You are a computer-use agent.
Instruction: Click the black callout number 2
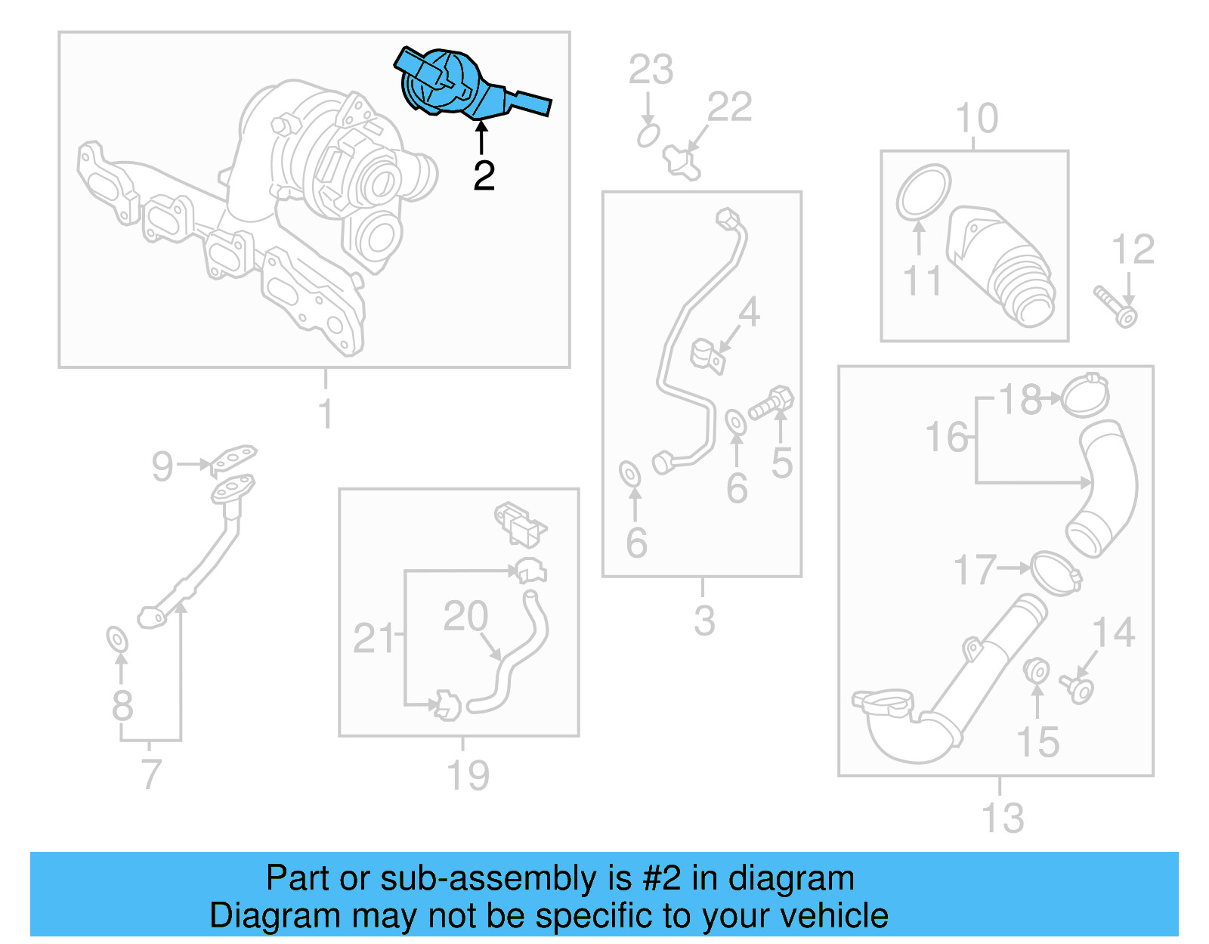click(x=484, y=175)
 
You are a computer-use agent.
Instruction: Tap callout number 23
click(x=651, y=70)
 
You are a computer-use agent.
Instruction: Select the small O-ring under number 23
click(x=648, y=136)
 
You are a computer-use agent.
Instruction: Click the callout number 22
click(x=729, y=107)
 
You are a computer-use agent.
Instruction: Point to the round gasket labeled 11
click(x=923, y=192)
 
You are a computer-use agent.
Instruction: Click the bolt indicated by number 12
click(x=1116, y=305)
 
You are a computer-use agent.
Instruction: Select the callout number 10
click(x=976, y=119)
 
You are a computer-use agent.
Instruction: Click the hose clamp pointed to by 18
click(x=1085, y=395)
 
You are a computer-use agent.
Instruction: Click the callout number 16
click(x=946, y=438)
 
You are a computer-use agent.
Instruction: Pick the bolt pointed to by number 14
click(x=1078, y=689)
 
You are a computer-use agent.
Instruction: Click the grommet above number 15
click(x=1036, y=670)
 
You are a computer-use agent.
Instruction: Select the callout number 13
click(x=1002, y=818)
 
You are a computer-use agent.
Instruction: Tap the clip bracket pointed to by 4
click(x=708, y=356)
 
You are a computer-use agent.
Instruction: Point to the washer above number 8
click(x=117, y=639)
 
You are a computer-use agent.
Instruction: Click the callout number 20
click(x=465, y=616)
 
